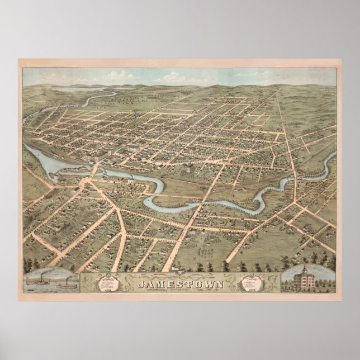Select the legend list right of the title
click(250, 285)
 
